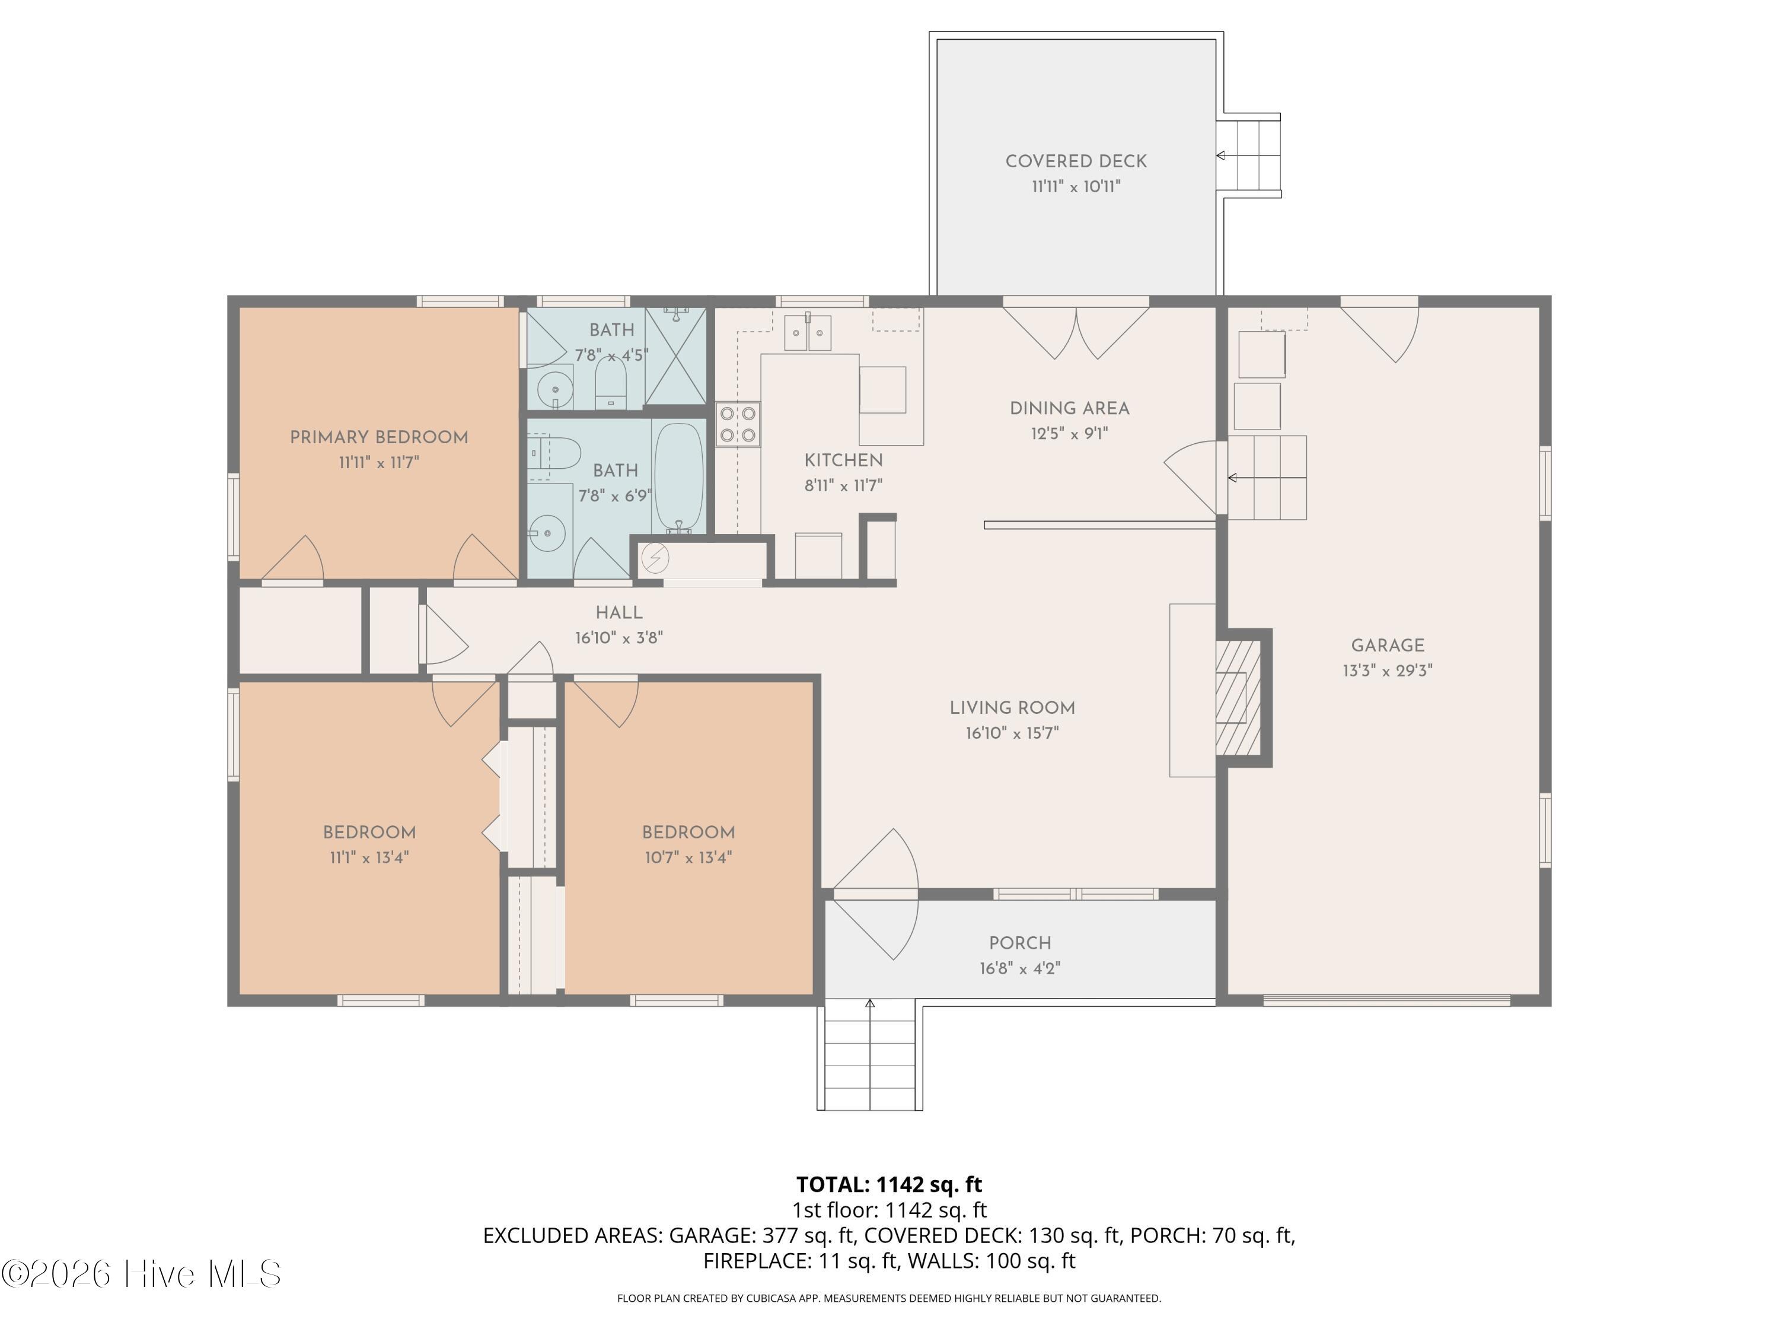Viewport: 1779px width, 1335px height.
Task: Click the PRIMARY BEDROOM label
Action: click(379, 438)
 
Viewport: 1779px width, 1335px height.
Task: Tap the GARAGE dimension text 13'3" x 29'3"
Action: click(1388, 670)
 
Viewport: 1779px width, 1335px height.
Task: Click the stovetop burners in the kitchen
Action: click(738, 424)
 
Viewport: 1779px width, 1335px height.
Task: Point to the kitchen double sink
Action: click(808, 332)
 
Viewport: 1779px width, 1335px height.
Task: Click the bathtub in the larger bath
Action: click(679, 477)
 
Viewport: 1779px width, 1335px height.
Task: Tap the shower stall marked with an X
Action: click(675, 355)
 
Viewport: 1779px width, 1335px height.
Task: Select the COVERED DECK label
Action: click(1076, 161)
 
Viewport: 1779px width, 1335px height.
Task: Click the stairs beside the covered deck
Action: click(1248, 155)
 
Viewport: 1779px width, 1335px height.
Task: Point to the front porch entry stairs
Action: click(870, 1056)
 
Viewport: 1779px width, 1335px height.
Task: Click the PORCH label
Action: click(1020, 943)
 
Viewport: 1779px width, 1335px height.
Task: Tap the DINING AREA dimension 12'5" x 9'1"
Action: click(1070, 434)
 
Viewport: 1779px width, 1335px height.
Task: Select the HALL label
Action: click(619, 613)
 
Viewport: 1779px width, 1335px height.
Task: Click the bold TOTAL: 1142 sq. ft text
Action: click(889, 1184)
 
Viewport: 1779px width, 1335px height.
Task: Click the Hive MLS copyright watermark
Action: click(142, 1274)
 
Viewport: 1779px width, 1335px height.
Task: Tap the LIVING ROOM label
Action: click(1013, 708)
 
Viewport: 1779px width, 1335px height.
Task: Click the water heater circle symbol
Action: click(654, 557)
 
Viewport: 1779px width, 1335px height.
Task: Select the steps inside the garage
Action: click(1267, 478)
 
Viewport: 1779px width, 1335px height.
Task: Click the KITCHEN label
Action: click(844, 460)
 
